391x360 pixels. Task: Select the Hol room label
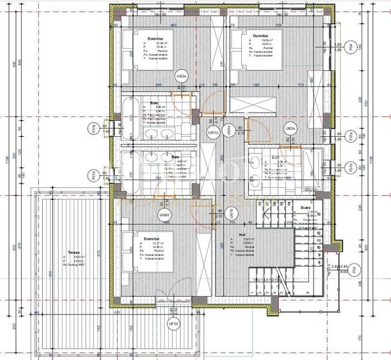242,235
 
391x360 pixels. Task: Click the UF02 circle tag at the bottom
172,324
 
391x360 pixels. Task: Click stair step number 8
318,262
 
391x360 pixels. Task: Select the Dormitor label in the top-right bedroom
260,36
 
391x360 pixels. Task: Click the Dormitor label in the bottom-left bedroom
152,238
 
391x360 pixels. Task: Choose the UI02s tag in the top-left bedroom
181,76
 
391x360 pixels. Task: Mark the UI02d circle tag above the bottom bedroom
164,215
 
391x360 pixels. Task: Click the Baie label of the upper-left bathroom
154,103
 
